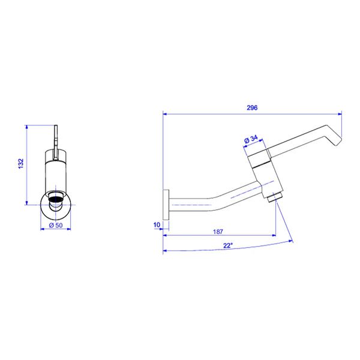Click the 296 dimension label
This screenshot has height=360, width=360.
tap(252, 107)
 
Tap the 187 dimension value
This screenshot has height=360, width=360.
tap(218, 232)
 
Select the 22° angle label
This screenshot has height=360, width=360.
tap(228, 245)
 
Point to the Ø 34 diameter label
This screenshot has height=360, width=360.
tap(251, 139)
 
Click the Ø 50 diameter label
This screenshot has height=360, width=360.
tap(56, 225)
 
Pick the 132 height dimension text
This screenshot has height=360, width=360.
tap(21, 163)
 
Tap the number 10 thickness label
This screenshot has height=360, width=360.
tap(157, 225)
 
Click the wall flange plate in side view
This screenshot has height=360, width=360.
tap(166, 205)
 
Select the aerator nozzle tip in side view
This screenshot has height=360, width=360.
tap(275, 197)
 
